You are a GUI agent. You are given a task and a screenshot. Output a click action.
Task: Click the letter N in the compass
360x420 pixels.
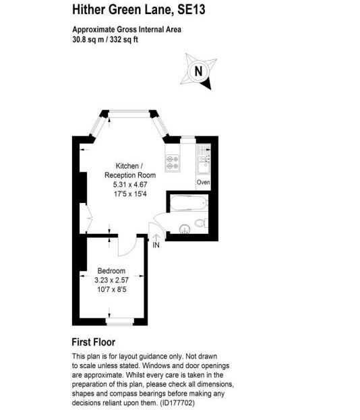[198, 71]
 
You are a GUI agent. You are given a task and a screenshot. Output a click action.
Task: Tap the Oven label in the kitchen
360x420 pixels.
[204, 182]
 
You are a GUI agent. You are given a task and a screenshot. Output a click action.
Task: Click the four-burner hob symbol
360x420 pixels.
[173, 162]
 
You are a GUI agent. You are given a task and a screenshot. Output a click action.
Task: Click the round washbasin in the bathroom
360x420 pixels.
[185, 229]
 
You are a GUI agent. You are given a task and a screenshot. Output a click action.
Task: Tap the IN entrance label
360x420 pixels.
[156, 245]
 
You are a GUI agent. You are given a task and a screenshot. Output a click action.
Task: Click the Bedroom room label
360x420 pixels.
[111, 270]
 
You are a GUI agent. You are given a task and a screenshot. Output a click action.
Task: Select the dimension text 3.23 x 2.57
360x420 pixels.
[111, 280]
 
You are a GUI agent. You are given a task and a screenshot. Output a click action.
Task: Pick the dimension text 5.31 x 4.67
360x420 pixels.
[130, 184]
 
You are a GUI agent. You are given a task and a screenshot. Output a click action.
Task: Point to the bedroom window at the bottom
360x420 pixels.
[120, 321]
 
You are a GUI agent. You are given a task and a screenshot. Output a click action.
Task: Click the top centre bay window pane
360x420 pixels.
[129, 114]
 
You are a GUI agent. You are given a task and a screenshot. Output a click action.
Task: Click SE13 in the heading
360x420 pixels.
[191, 9]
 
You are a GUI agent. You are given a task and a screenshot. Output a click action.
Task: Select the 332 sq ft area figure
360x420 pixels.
[124, 40]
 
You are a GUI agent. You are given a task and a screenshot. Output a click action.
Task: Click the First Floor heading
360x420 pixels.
[94, 342]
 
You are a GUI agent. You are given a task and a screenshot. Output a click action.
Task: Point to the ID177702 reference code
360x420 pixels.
[177, 403]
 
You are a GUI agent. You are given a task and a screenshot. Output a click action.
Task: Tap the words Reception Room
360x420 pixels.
[130, 175]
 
